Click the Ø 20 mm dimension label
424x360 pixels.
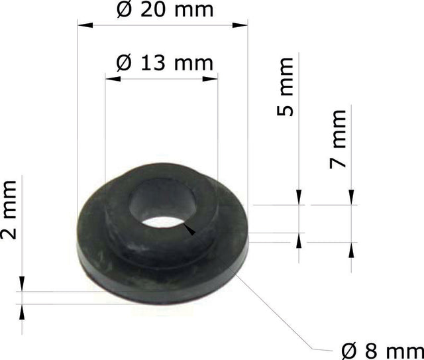point(165,10)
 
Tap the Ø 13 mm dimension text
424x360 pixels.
point(165,63)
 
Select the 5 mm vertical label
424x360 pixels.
point(285,87)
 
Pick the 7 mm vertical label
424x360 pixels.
point(338,139)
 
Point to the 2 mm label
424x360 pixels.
point(9,210)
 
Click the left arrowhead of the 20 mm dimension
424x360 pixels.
point(85,25)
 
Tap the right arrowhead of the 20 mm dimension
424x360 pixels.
point(240,25)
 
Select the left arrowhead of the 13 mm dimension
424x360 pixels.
point(113,79)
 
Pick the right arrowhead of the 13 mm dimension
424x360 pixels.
point(210,79)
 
